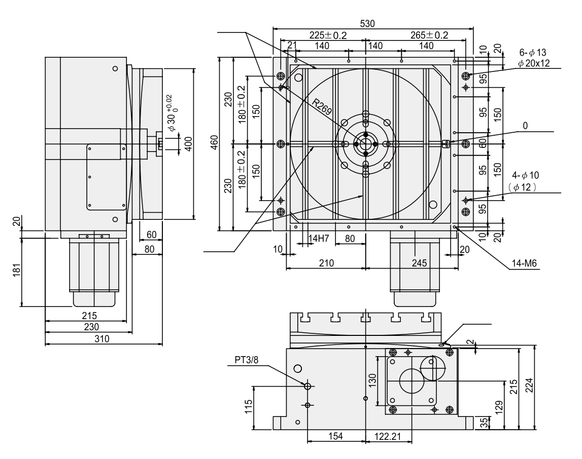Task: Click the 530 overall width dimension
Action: [367, 24]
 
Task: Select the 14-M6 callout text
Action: [524, 263]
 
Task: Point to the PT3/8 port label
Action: [246, 360]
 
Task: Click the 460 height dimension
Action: [214, 143]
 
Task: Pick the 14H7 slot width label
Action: [319, 238]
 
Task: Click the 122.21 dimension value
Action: [388, 436]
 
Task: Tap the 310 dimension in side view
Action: [102, 338]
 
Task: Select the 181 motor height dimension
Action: [16, 270]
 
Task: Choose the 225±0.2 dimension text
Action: [328, 35]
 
